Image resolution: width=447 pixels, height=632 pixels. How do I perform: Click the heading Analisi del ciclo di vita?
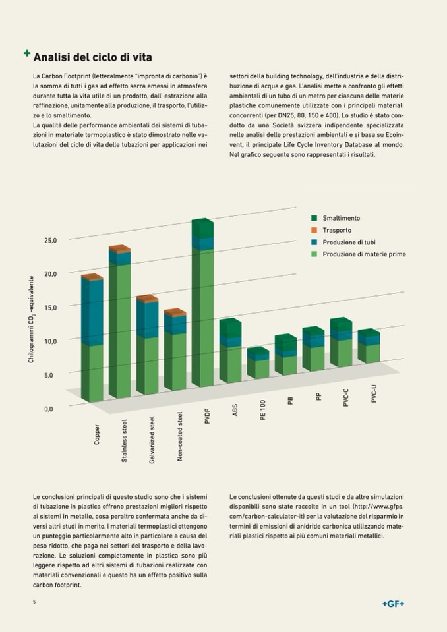(x=92, y=57)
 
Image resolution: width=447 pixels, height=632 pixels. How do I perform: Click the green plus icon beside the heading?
(x=26, y=53)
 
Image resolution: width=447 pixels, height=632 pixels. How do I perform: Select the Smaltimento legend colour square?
(x=314, y=218)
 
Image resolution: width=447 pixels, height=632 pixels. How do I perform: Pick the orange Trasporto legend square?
(x=314, y=230)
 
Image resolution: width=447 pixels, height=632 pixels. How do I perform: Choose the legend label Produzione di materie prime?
(x=364, y=254)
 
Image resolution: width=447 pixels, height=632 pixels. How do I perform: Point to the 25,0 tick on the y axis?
(x=51, y=240)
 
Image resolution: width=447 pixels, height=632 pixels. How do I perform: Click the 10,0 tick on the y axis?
(x=51, y=341)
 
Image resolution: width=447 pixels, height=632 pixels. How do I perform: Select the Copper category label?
(x=98, y=434)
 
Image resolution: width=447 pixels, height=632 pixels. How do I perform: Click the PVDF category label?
(x=207, y=417)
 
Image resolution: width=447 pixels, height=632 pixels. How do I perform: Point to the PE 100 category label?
(x=262, y=411)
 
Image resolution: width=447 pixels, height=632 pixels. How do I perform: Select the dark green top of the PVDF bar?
(x=203, y=228)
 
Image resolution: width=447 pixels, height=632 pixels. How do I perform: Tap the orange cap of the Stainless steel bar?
(x=120, y=249)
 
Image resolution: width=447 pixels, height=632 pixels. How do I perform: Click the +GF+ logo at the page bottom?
(x=393, y=604)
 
